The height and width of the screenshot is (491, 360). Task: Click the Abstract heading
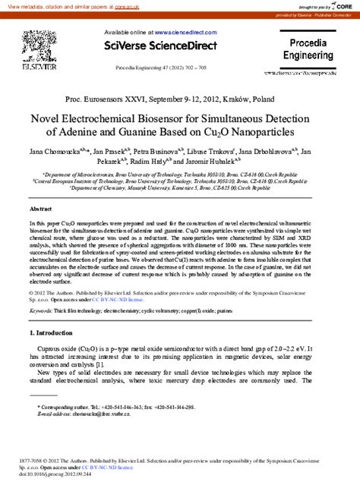pos(40,208)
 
